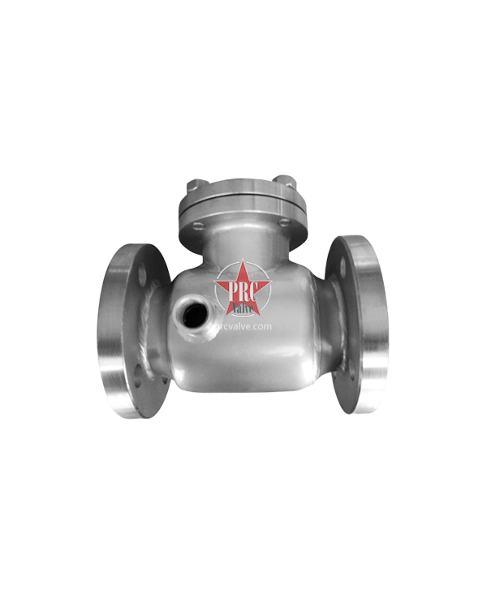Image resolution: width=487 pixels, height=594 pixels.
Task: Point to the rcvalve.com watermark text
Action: (244, 325)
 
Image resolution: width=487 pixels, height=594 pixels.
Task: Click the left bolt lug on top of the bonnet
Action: (193, 184)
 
